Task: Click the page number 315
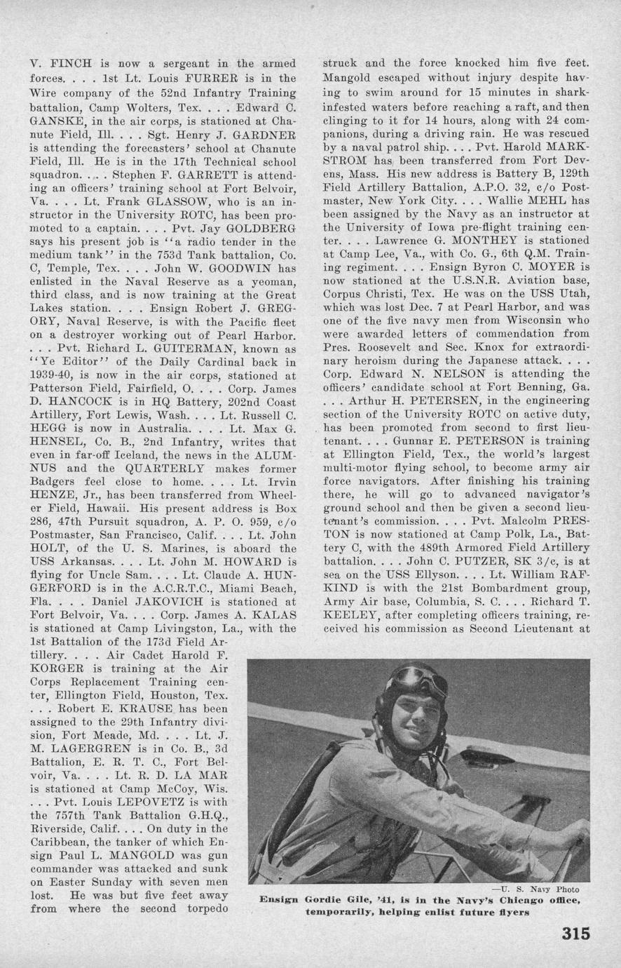point(575,934)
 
